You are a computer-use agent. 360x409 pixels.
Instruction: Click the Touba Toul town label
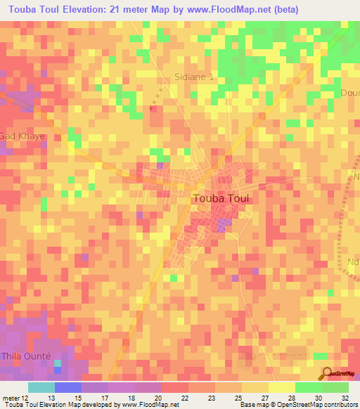(221, 198)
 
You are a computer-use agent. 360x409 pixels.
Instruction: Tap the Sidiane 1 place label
(194, 77)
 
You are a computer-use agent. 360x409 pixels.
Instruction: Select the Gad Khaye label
(22, 136)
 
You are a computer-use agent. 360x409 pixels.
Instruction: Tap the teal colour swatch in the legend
(41, 387)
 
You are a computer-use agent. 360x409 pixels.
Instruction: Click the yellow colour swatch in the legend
(281, 387)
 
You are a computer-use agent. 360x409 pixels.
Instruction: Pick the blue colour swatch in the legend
(67, 387)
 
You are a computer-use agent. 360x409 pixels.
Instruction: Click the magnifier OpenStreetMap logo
(327, 374)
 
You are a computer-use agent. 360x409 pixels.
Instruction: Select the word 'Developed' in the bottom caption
(96, 405)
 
